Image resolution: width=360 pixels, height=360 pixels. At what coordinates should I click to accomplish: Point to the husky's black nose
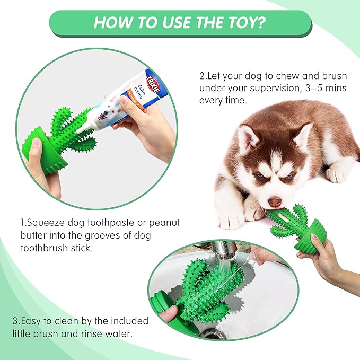(x=274, y=202)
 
